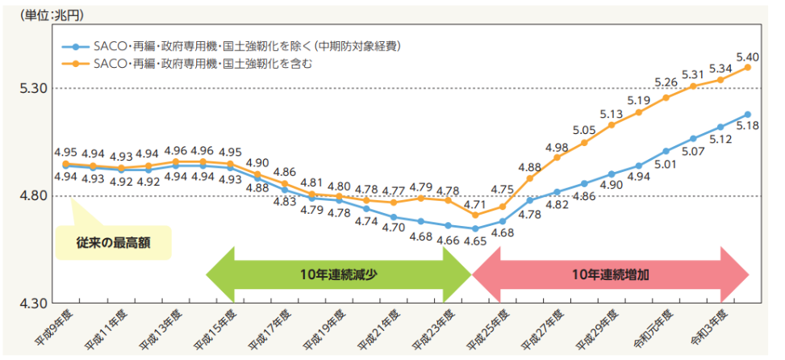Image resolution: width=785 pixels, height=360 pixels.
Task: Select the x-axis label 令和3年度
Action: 711,327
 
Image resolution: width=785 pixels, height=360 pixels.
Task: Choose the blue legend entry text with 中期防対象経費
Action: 247,46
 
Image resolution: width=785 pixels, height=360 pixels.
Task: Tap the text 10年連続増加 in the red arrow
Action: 610,274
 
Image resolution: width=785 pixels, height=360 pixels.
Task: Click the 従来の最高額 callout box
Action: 113,242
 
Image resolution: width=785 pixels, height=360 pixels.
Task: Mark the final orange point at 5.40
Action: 748,67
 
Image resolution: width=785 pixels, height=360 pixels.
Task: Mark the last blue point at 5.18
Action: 748,115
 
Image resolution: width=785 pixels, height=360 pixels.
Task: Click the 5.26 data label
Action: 666,82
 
